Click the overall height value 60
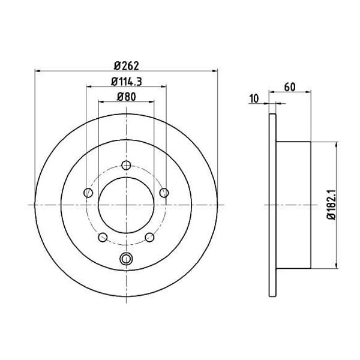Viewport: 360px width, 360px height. tap(290, 86)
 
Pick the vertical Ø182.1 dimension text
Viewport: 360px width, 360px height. tap(330, 205)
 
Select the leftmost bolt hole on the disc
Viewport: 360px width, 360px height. tap(89, 193)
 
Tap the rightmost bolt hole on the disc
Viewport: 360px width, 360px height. tap(163, 193)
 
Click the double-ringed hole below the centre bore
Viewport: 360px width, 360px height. tap(126, 259)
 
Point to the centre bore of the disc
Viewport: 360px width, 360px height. tap(126, 205)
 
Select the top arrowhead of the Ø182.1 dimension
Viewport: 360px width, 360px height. tap(337, 145)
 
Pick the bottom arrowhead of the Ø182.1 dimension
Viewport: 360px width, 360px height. tap(337, 265)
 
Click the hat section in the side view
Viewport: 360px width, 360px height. tap(294, 205)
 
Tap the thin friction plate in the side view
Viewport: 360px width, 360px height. tap(272, 205)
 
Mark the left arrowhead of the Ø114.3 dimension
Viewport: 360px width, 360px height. tap(89, 88)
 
